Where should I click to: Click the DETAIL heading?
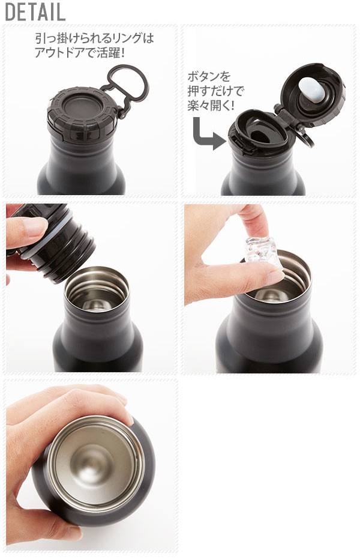click(x=35, y=12)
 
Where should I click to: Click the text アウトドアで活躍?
click(x=80, y=53)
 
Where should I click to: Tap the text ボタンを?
click(x=209, y=76)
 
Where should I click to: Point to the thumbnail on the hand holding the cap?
click(x=35, y=225)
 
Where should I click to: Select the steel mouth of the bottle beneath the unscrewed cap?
click(x=97, y=289)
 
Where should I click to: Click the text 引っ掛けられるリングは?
click(x=94, y=38)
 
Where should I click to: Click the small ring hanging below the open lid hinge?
click(x=307, y=139)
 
